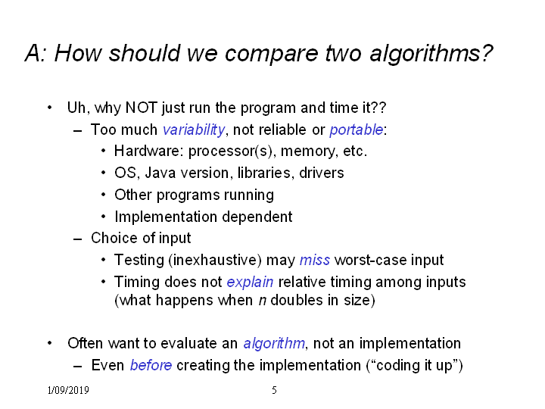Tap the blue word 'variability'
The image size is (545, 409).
click(194, 130)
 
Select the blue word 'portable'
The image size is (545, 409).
click(357, 130)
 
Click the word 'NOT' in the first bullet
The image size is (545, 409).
click(141, 108)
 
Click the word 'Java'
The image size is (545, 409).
click(160, 173)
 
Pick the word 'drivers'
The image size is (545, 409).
click(321, 173)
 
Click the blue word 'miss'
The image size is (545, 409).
click(315, 260)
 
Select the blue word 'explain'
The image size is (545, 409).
click(250, 283)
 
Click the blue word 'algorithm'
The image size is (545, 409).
click(274, 344)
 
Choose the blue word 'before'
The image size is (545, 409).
click(151, 366)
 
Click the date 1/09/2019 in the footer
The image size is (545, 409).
click(68, 390)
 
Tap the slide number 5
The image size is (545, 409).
click(274, 390)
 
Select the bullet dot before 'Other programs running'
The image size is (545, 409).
click(103, 195)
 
